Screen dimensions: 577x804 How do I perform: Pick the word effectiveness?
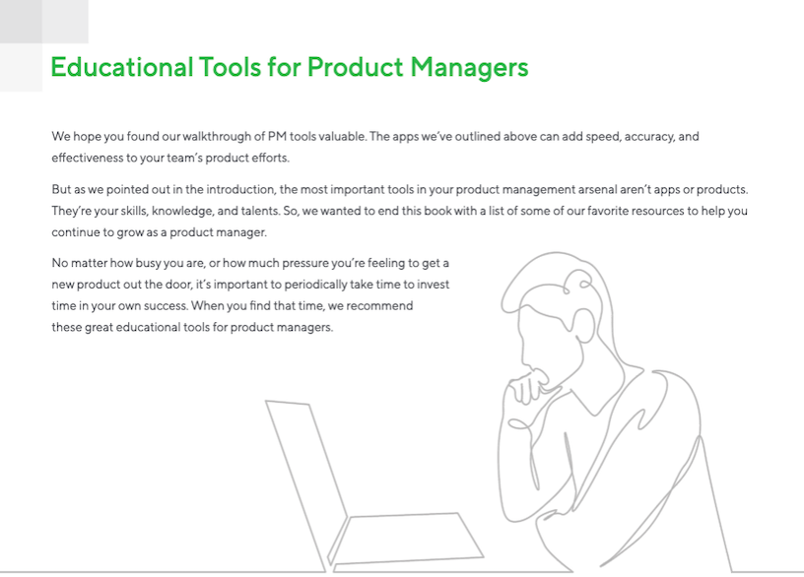point(89,158)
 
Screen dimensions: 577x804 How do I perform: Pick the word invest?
point(433,285)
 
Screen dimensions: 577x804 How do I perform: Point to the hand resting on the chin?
point(532,389)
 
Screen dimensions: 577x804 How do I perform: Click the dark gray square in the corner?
point(21,21)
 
